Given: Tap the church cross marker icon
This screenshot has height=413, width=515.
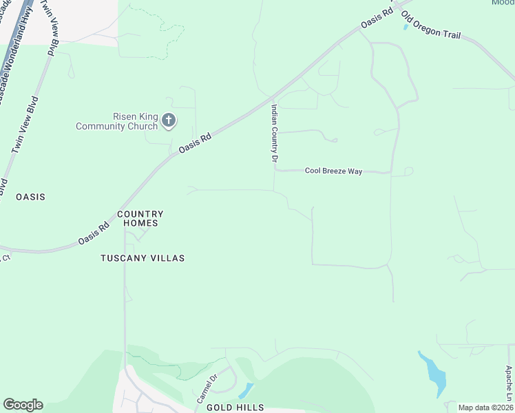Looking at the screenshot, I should point(169,121).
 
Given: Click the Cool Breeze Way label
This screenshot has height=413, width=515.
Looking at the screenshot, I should point(333,171).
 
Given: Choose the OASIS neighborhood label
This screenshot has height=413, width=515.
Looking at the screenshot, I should point(30,197).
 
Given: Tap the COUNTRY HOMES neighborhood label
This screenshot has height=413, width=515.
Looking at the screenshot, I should point(140,219).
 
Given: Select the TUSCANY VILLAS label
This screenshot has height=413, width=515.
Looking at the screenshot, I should point(143,258).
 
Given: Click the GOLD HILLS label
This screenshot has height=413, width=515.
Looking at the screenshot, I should point(235,407).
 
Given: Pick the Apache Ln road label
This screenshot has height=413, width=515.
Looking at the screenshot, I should point(508,383).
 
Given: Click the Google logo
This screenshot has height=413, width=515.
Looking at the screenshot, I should point(23,405).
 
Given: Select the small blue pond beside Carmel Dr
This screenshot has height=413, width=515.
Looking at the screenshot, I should point(245,391).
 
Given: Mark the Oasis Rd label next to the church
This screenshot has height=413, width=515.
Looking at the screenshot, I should point(194,143).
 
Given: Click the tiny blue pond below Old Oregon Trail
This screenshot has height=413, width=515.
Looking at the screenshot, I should point(406,28).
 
